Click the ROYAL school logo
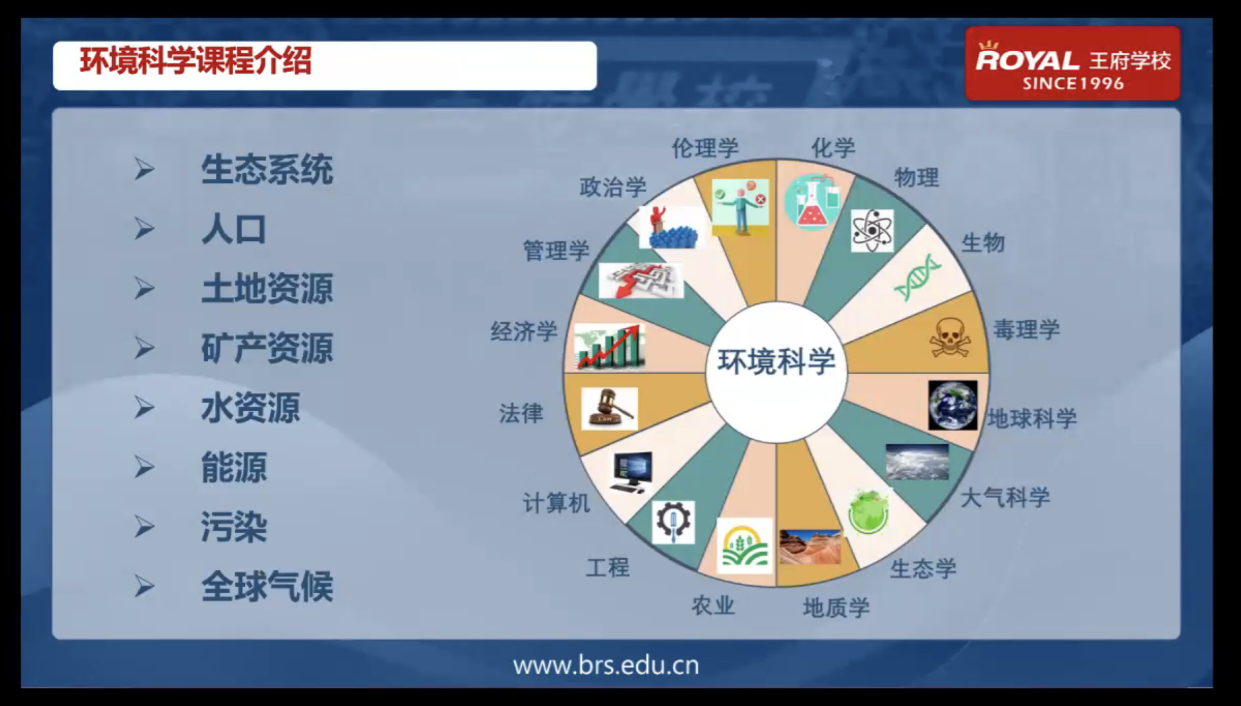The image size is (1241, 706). [1073, 63]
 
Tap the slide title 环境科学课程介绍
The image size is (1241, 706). [196, 60]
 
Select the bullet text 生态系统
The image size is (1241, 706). [267, 169]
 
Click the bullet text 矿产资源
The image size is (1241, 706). [267, 348]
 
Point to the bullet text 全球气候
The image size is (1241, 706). [267, 586]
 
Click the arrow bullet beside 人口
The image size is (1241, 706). [145, 229]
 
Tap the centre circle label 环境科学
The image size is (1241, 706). [776, 361]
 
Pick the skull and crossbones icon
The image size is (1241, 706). [950, 337]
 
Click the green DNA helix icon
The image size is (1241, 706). [917, 277]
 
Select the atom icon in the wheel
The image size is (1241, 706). [872, 231]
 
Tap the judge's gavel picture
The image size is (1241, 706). [609, 409]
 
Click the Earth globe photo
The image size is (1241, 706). [952, 405]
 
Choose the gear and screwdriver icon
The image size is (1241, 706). [673, 522]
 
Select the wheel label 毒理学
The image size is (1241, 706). [1026, 329]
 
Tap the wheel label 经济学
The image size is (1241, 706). [523, 331]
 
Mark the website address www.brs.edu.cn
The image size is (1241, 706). [606, 665]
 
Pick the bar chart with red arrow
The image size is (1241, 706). [610, 347]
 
